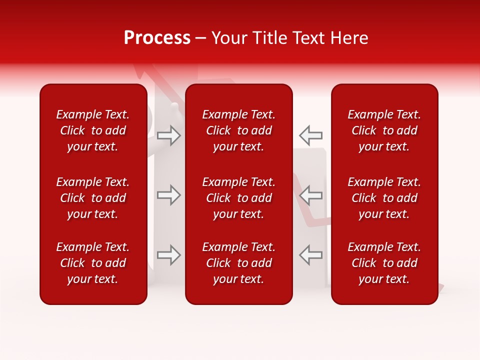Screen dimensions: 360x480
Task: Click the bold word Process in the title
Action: [157, 38]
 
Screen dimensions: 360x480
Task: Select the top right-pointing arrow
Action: [169, 135]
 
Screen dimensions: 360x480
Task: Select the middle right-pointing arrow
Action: [169, 195]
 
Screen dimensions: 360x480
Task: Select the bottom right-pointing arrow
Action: [169, 255]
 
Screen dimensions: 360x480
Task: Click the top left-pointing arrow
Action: [310, 135]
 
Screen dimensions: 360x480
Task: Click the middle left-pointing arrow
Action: [310, 195]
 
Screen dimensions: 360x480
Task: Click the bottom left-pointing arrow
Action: [310, 255]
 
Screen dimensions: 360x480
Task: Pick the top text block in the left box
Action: [93, 130]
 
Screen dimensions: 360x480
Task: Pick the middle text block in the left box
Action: [93, 198]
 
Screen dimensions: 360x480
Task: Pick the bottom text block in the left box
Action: [93, 263]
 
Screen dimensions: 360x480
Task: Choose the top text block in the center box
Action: [239, 130]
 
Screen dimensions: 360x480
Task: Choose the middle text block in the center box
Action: [239, 198]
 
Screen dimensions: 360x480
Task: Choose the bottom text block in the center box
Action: [239, 263]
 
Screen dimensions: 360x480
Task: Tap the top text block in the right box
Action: [384, 130]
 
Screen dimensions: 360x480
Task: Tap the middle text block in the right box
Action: [384, 198]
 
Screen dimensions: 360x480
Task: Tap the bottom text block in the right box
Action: [384, 263]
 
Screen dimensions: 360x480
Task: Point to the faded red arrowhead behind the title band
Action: [142, 70]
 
